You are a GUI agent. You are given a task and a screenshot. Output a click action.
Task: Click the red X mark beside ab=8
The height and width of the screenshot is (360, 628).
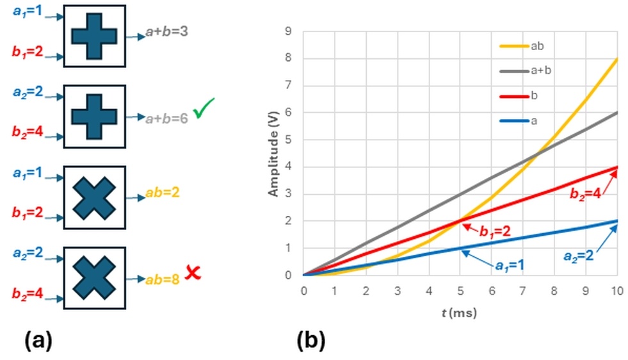[x=191, y=273]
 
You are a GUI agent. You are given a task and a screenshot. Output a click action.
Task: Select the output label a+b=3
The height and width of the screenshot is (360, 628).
[x=166, y=30]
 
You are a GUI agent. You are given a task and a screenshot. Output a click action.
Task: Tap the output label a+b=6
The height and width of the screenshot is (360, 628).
[x=166, y=119]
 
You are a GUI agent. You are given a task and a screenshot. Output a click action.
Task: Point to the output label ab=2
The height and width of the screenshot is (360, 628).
[x=159, y=192]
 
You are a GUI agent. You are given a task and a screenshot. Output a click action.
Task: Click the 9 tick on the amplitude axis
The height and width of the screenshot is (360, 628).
[x=289, y=31]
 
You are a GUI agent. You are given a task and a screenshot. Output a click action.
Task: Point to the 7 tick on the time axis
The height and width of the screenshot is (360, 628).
[x=522, y=290]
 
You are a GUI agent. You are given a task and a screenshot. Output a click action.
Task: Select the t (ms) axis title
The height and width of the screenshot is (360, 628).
[x=458, y=314]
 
